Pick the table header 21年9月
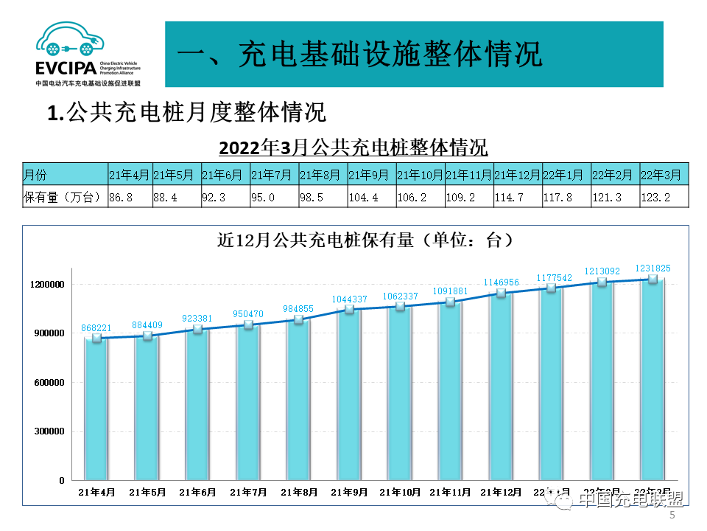tap(368, 175)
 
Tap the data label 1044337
tap(349, 299)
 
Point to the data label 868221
tap(96, 327)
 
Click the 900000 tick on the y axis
tap(47, 333)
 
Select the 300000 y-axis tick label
tap(47, 431)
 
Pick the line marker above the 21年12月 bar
tap(502, 293)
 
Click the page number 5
tap(672, 517)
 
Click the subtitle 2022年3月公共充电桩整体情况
tap(353, 146)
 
